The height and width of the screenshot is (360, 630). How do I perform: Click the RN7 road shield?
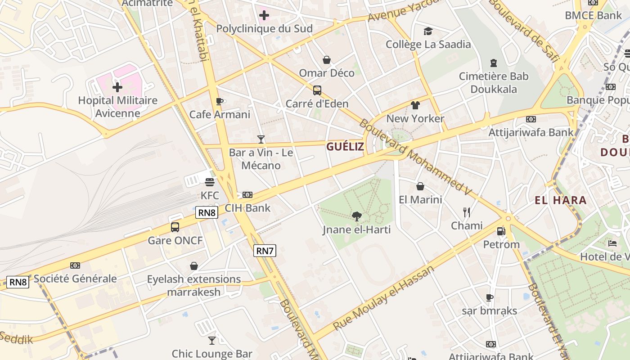pos(265,251)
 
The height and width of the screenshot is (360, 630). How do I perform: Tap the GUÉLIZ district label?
pos(345,146)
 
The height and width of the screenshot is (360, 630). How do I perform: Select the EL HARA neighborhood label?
pos(561,200)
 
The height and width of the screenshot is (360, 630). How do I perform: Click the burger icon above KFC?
pos(209,182)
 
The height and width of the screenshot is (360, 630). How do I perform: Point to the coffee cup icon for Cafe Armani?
pos(220,101)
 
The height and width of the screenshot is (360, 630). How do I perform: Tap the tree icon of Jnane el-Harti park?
pos(356,216)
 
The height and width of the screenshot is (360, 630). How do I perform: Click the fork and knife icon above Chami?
pos(467,212)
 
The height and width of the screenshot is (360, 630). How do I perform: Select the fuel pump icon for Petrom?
pos(501,231)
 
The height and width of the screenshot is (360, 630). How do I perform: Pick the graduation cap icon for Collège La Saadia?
pos(428,31)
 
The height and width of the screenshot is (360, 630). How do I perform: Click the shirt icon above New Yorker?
pos(415,105)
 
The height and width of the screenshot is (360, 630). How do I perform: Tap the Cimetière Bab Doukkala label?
pos(494,83)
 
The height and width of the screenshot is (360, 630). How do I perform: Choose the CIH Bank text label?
pos(247,208)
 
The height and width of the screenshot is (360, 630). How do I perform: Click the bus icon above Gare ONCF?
pos(175,227)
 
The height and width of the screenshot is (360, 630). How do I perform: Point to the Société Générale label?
pos(75,279)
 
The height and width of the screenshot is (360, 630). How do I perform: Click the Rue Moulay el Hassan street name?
pos(383,297)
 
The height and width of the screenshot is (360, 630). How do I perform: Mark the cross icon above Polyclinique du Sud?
pos(264,16)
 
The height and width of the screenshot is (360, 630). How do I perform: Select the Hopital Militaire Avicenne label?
pos(118,106)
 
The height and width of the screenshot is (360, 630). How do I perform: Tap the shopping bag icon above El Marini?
pos(420,186)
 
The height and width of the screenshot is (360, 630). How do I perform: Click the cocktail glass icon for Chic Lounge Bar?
pos(212,341)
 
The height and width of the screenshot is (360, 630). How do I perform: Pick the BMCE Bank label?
pos(593,15)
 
